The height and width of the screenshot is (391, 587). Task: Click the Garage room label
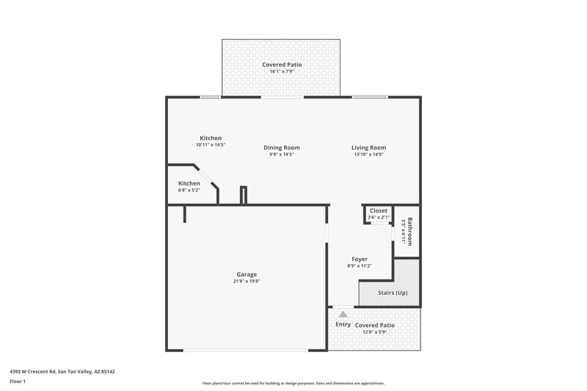247,274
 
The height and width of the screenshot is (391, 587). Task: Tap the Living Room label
368,147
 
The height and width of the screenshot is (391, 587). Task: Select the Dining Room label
282,147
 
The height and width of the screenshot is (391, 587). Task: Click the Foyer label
360,259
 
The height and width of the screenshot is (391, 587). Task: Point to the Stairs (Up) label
393,293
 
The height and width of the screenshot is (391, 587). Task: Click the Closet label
379,211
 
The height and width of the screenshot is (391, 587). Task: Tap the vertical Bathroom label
410,232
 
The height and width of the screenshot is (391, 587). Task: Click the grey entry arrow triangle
343,314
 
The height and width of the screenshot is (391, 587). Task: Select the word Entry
343,325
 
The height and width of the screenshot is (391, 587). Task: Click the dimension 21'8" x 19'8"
247,281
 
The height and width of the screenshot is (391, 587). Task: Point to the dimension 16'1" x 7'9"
282,72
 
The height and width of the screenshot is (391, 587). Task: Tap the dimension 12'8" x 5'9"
374,332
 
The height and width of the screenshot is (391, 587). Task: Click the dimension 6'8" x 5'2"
189,190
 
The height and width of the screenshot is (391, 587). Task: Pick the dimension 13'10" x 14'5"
368,155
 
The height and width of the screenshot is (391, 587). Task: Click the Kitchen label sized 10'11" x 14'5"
211,138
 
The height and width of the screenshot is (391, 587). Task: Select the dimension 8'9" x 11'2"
360,266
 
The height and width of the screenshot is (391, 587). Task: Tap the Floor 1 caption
18,381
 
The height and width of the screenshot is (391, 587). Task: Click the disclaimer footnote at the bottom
293,383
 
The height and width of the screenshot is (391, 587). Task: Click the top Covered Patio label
282,65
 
